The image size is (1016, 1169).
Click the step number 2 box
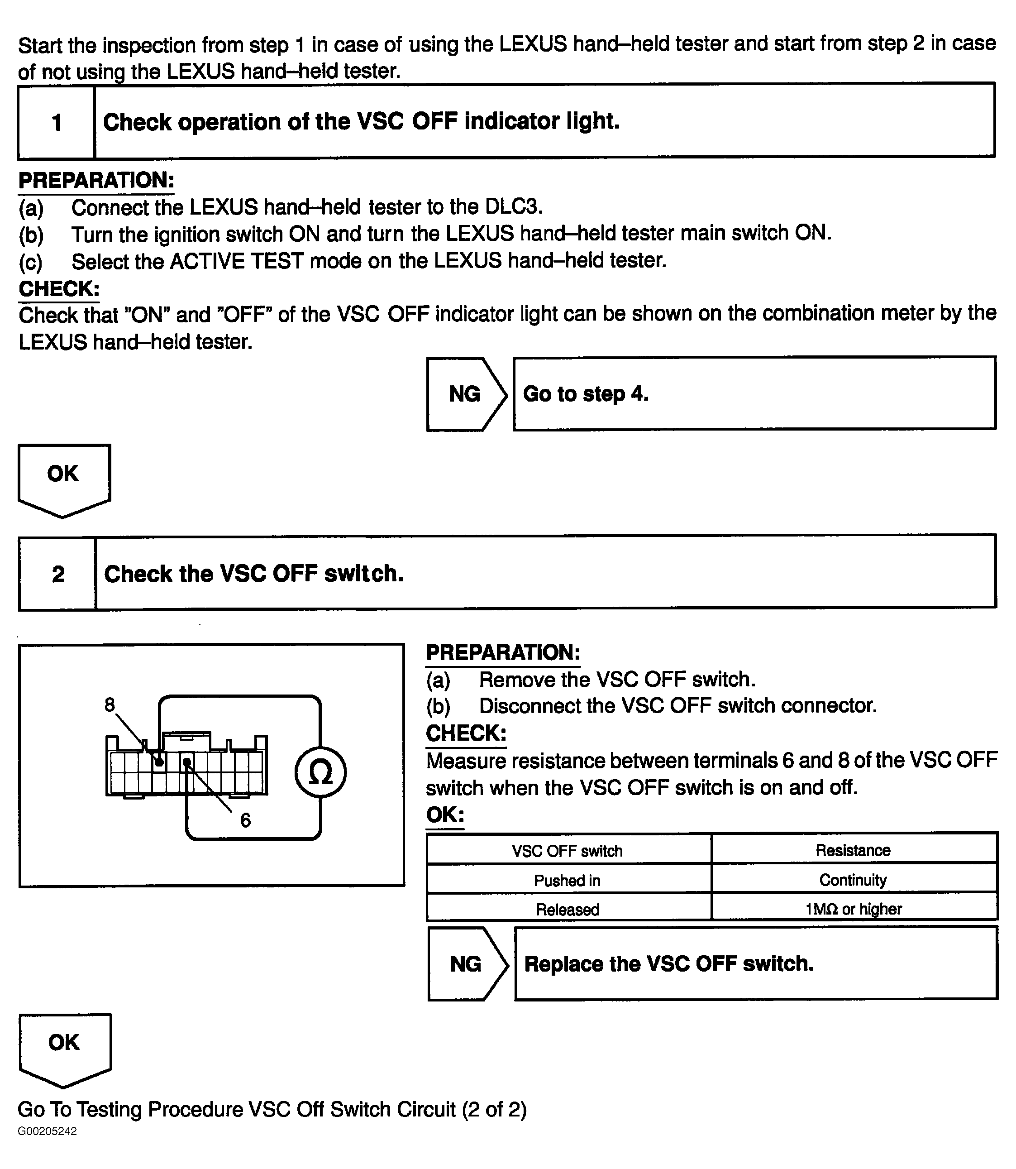coord(58,574)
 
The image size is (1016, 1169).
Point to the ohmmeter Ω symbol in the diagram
coord(320,772)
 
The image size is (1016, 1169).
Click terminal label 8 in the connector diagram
coord(110,705)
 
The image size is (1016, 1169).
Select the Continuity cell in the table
coord(853,880)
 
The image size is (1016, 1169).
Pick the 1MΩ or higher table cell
coord(853,909)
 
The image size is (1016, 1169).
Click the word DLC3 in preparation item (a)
coord(513,207)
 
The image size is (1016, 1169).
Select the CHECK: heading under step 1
coord(59,289)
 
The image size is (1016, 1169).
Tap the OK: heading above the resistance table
coord(445,815)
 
